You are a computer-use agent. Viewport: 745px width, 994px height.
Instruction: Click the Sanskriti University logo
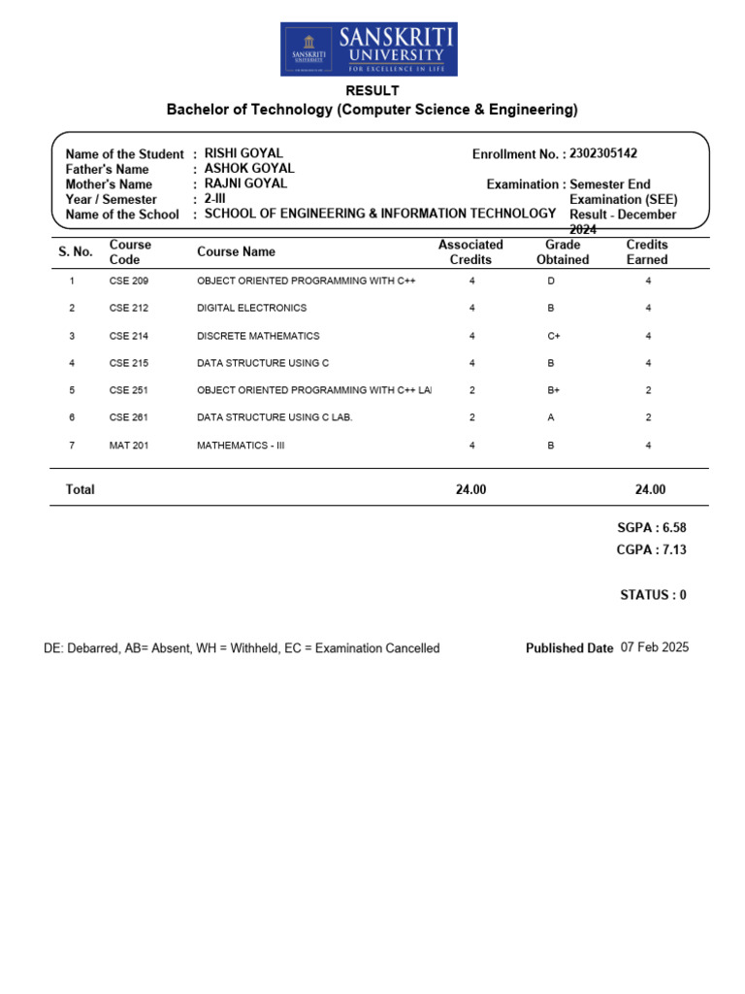370,50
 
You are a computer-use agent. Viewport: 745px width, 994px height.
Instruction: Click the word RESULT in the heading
372,90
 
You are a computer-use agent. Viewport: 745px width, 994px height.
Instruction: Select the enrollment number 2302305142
603,153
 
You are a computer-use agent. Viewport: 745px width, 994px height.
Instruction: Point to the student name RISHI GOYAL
243,153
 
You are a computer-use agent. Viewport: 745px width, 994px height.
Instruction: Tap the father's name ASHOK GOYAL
249,169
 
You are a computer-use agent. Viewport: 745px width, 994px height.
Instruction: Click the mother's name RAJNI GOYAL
245,183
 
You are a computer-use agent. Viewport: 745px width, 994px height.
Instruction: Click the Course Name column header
236,251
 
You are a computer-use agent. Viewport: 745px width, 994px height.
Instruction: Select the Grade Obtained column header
563,252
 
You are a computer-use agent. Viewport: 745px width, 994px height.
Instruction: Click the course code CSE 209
128,281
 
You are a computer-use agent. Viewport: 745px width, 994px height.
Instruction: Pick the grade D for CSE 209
551,281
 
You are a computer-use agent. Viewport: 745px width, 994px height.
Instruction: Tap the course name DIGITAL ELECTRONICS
251,308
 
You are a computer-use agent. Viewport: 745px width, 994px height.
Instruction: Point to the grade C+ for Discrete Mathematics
554,336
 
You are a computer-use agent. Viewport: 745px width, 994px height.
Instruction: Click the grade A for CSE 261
551,417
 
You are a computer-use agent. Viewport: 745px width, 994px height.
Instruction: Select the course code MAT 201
128,446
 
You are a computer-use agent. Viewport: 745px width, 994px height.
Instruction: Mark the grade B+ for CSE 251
554,390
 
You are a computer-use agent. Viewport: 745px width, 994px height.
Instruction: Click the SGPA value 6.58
666,527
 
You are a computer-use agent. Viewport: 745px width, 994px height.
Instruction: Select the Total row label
80,490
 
